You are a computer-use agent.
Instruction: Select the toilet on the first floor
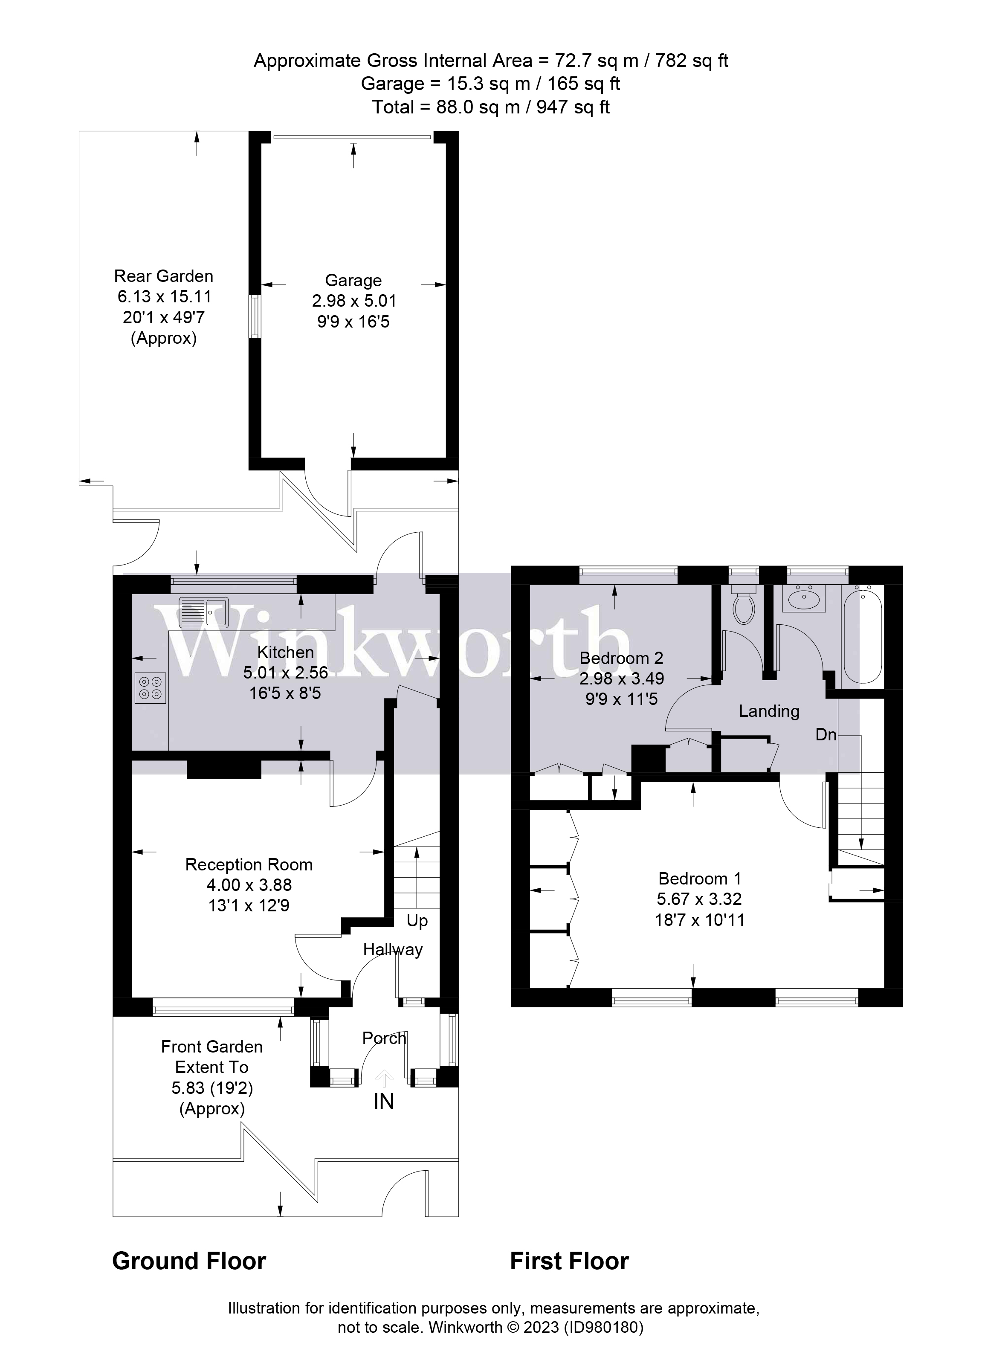(x=744, y=607)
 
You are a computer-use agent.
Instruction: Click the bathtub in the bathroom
(x=862, y=637)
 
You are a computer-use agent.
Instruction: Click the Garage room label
(x=353, y=280)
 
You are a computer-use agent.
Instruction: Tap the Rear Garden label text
(x=164, y=276)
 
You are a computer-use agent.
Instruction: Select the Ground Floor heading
(x=189, y=1261)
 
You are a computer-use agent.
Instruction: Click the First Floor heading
(x=569, y=1261)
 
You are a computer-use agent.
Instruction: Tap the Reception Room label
(x=249, y=865)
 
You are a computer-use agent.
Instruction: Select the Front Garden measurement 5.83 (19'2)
(x=211, y=1088)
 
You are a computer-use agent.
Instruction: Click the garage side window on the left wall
(x=255, y=316)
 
